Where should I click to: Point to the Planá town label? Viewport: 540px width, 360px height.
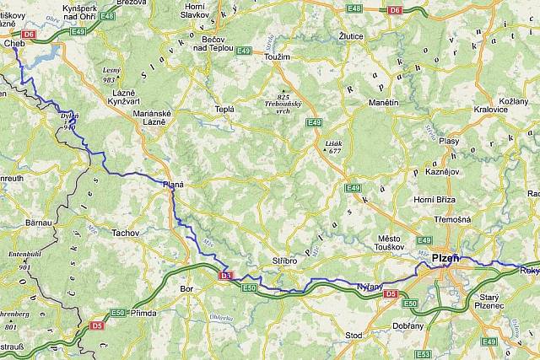click(x=173, y=183)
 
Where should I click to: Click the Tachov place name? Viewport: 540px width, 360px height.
click(x=125, y=232)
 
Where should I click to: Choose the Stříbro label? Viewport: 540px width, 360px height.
click(x=284, y=261)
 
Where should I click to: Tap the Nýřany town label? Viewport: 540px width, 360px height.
click(x=370, y=287)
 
